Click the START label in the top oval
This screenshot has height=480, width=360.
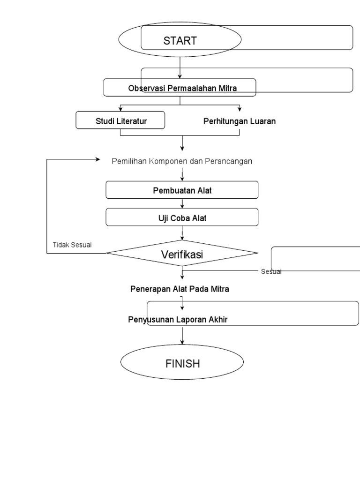pyautogui.click(x=180, y=41)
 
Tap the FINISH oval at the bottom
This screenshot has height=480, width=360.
pyautogui.click(x=182, y=363)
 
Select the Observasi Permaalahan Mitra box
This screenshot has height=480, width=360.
pyautogui.click(x=180, y=88)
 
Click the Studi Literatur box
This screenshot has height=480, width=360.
pyautogui.click(x=120, y=121)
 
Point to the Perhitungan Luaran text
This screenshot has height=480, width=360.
pyautogui.click(x=239, y=121)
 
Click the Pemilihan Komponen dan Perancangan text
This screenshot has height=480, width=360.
pyautogui.click(x=182, y=161)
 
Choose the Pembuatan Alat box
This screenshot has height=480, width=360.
pyautogui.click(x=182, y=190)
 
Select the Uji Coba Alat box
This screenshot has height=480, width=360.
pyautogui.click(x=182, y=217)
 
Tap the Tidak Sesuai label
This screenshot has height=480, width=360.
pyautogui.click(x=72, y=244)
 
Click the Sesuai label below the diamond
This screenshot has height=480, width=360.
pyautogui.click(x=271, y=271)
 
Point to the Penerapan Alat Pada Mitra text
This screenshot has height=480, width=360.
pyautogui.click(x=180, y=289)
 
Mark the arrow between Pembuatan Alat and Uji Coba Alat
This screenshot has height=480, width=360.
pyautogui.click(x=182, y=203)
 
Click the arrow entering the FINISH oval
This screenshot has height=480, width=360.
pyautogui.click(x=182, y=336)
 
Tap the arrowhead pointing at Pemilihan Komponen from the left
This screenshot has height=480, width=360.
pyautogui.click(x=98, y=159)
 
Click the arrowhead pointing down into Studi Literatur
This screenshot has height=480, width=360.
pyautogui.click(x=120, y=109)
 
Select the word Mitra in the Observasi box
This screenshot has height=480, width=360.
pyautogui.click(x=227, y=88)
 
